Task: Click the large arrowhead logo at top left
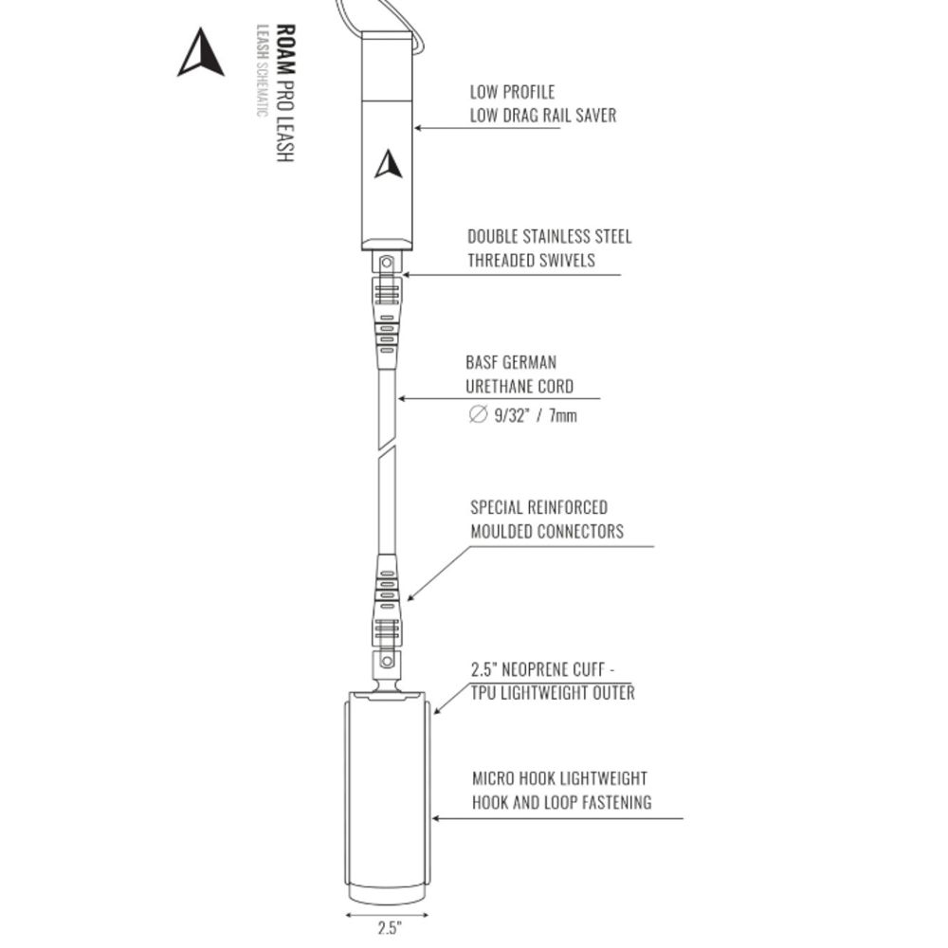coord(200,53)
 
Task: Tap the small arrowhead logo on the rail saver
coord(388,164)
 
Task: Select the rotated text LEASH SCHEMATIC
coord(262,71)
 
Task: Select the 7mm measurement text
coord(562,416)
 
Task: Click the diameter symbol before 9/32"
coord(478,415)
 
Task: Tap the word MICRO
coord(494,778)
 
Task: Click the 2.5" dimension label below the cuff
coord(390,928)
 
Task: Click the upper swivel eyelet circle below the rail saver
coord(387,263)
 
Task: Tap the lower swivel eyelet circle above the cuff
coord(387,662)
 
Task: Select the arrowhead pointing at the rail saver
coord(418,128)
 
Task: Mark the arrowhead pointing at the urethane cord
coord(401,398)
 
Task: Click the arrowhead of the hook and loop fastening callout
coord(436,819)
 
